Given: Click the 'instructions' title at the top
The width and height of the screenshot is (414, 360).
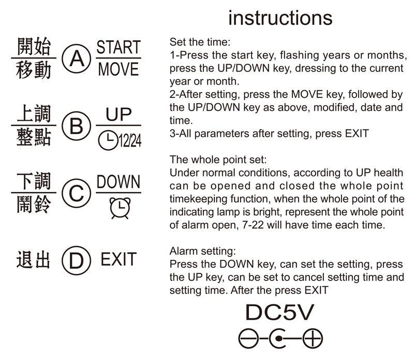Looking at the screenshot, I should click(280, 18).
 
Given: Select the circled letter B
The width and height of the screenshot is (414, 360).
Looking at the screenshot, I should click(76, 126).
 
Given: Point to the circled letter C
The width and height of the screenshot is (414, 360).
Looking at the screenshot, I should click(76, 194).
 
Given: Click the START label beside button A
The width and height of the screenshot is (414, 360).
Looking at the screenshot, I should click(119, 48).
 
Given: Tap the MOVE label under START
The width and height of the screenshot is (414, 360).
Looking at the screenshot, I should click(119, 69).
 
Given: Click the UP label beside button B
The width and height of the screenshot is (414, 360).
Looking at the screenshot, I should click(119, 114).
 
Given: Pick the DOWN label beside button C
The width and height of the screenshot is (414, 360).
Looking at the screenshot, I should click(119, 182).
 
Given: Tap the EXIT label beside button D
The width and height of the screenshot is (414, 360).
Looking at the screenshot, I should click(119, 260).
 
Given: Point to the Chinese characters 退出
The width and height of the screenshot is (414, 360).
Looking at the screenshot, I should click(34, 260).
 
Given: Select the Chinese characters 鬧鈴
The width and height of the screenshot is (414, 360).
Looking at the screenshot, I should click(34, 205).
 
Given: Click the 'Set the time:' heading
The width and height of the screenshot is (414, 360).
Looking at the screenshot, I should click(200, 42).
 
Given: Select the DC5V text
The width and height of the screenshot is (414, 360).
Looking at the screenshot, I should click(279, 313).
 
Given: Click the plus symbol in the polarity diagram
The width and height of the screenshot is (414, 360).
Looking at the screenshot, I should click(312, 339).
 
